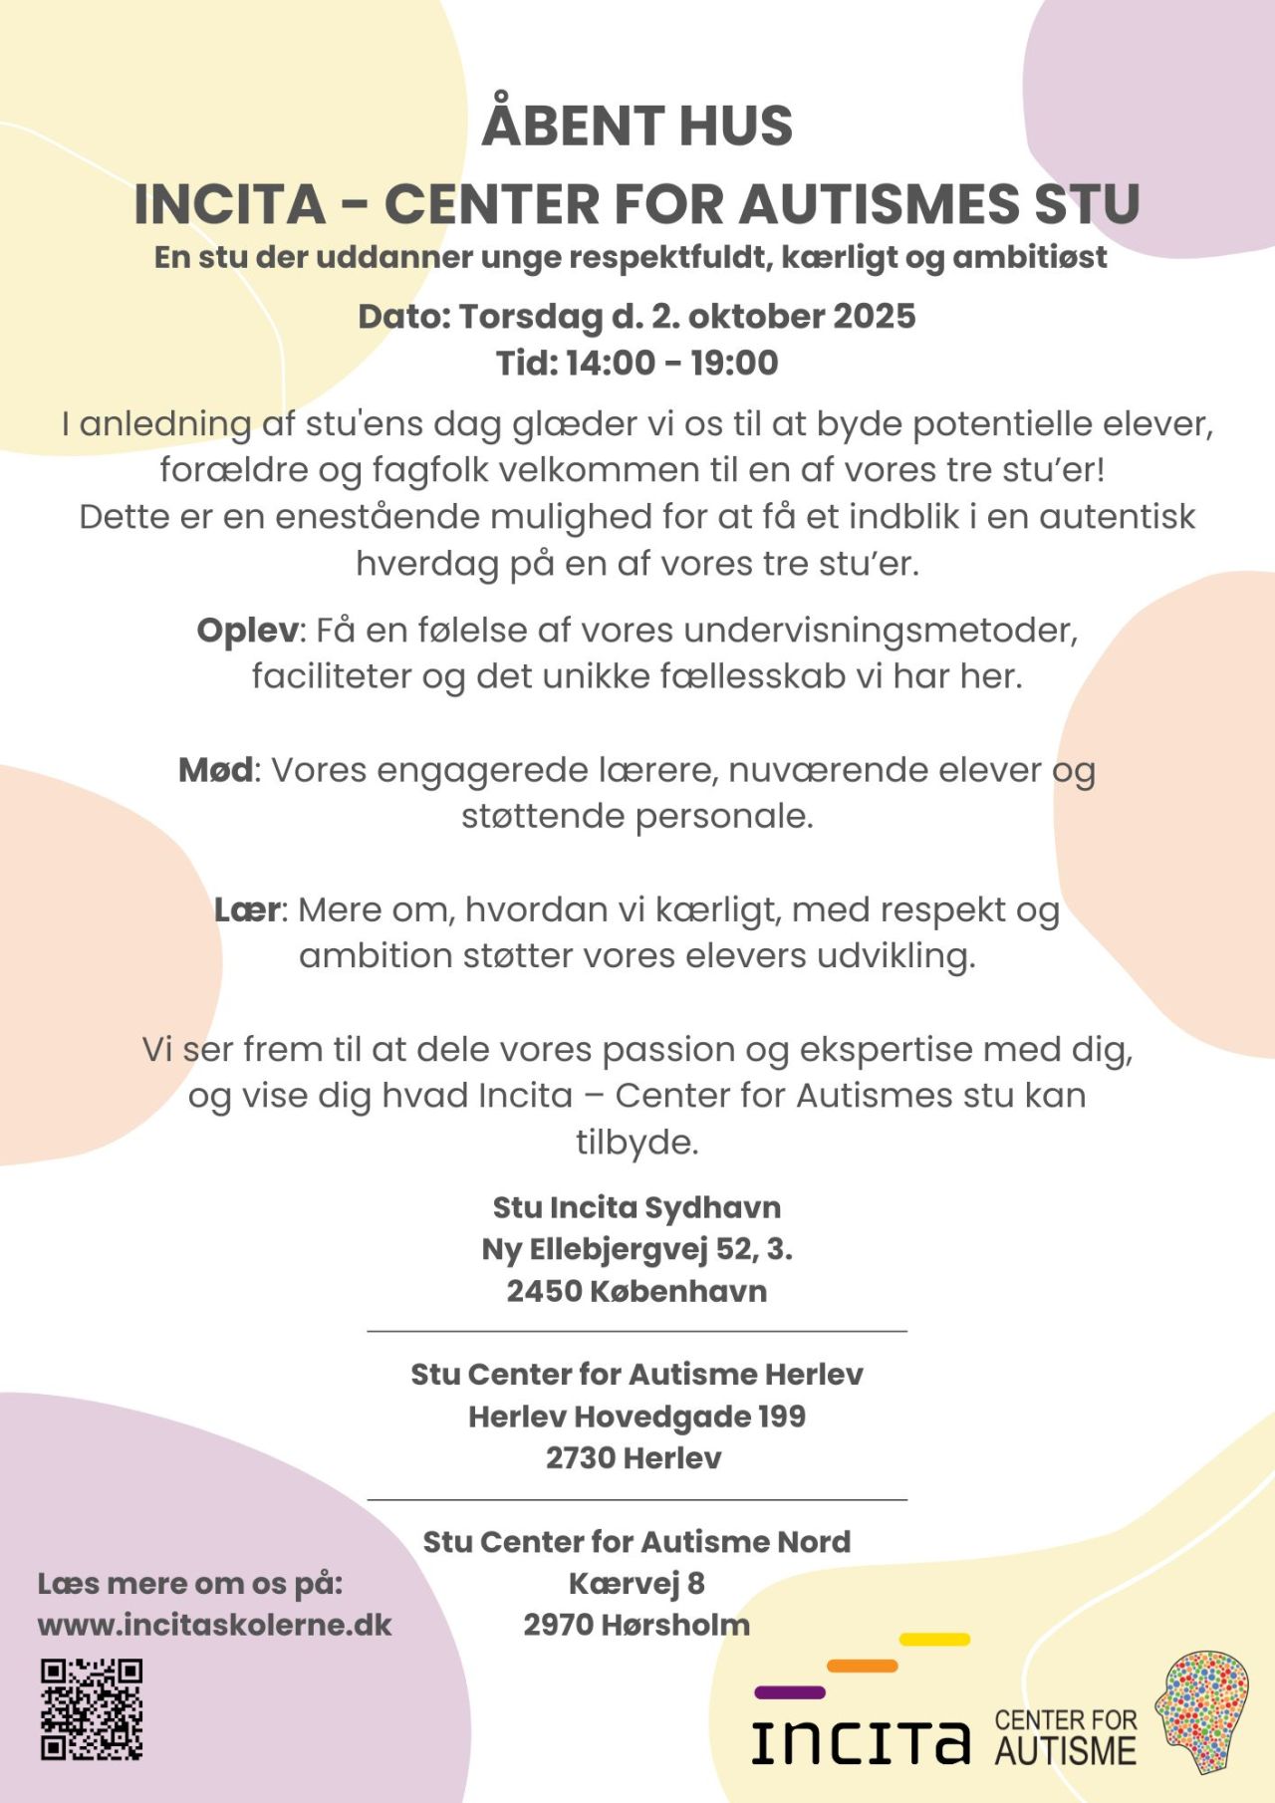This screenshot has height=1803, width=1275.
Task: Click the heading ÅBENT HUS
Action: (x=637, y=127)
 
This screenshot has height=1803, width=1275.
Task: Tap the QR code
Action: (x=92, y=1709)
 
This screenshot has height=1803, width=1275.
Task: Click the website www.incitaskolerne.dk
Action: (x=214, y=1626)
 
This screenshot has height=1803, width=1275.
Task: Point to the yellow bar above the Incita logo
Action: (x=934, y=1640)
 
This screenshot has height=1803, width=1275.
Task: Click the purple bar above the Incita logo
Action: (x=790, y=1692)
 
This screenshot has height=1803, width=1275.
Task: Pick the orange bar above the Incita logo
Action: (x=862, y=1666)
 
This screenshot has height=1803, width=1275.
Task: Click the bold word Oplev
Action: (x=247, y=631)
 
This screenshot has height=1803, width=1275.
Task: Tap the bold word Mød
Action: (x=215, y=770)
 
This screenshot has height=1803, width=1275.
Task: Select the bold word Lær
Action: (x=247, y=909)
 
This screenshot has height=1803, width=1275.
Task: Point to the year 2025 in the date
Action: (x=874, y=317)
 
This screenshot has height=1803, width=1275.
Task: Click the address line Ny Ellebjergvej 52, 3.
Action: (x=637, y=1249)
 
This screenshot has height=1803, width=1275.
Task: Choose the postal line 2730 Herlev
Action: (x=634, y=1458)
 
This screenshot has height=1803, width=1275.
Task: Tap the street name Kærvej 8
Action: (x=637, y=1583)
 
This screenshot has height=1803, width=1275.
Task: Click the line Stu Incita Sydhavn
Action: (x=637, y=1207)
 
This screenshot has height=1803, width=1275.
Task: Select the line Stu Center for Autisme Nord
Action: (x=637, y=1542)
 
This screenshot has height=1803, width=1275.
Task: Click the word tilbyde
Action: (x=637, y=1142)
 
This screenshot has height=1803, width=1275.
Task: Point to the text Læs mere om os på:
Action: (x=190, y=1584)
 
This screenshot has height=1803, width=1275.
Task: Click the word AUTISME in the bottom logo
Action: (x=1065, y=1751)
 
